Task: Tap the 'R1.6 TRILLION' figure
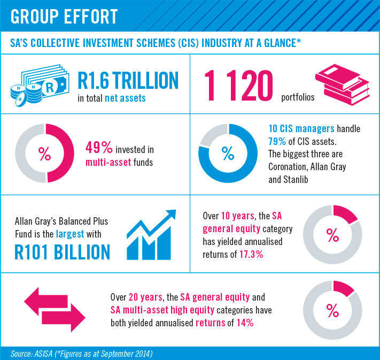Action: pyautogui.click(x=128, y=80)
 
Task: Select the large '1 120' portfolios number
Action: pyautogui.click(x=238, y=86)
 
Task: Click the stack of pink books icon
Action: pyautogui.click(x=342, y=84)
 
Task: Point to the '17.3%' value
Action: pyautogui.click(x=249, y=254)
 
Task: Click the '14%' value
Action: pyautogui.click(x=243, y=323)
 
